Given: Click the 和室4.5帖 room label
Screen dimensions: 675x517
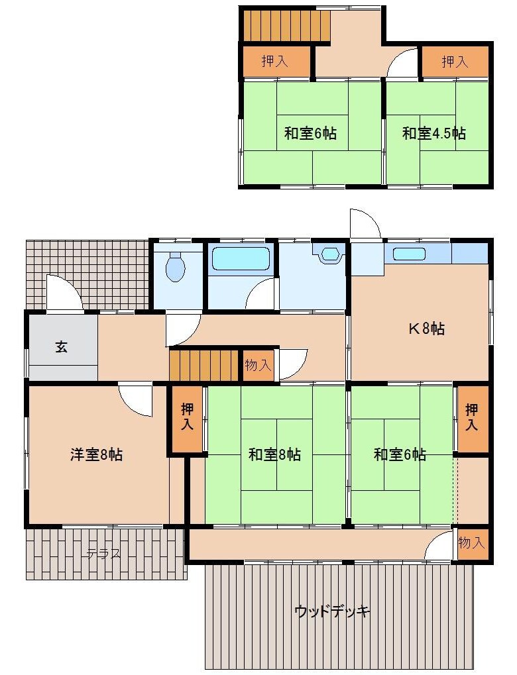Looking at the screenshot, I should (433, 133).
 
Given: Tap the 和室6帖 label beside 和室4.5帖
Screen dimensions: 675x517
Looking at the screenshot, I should (310, 133).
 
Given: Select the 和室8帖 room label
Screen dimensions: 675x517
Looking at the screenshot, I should (274, 454).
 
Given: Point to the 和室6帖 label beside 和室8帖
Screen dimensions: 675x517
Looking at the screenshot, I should (400, 454).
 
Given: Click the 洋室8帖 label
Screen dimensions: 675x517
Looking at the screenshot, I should (96, 454).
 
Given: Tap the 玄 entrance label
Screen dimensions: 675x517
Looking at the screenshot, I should (61, 346).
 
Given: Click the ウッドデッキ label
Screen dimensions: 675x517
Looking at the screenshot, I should (331, 611).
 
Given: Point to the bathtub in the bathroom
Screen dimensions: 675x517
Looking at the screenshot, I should (240, 259).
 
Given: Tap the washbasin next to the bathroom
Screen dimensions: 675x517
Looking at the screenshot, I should (329, 255).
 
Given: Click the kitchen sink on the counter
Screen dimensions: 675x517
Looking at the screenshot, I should (408, 254).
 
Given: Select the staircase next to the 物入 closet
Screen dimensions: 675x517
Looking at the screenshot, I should (203, 365).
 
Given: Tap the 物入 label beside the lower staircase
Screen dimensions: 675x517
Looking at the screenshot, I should (258, 365).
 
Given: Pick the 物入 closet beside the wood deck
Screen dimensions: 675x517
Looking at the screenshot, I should (471, 543).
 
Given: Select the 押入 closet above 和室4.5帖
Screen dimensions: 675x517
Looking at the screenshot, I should (455, 62).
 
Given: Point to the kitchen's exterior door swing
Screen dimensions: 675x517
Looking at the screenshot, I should (365, 224).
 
